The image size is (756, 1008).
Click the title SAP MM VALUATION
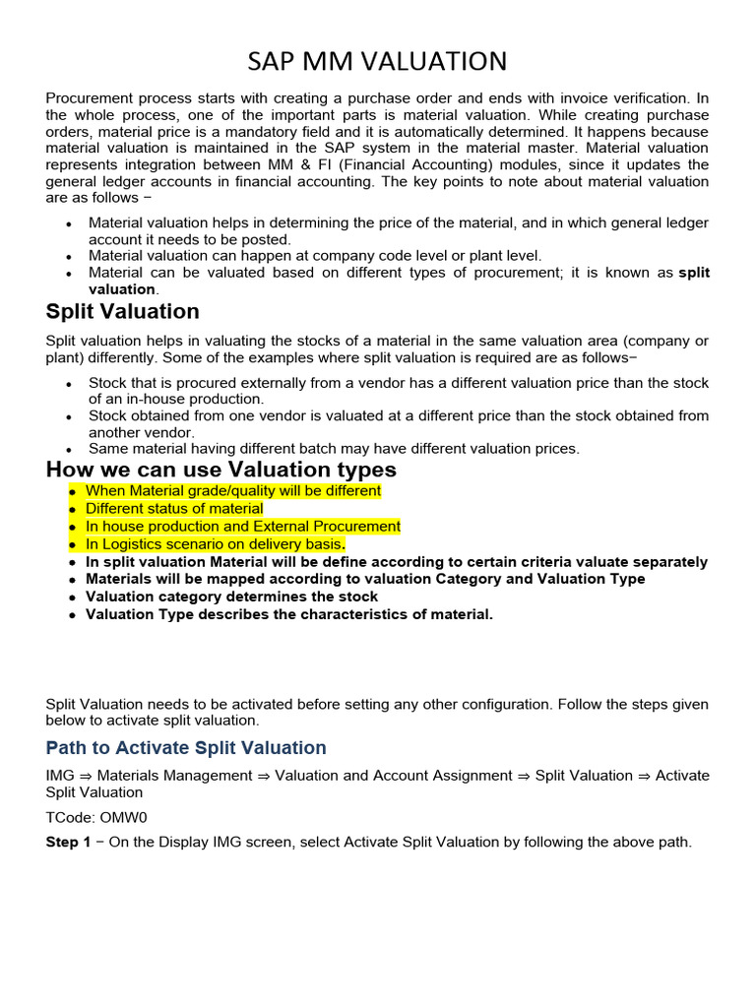(x=377, y=62)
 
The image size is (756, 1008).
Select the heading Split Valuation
(x=122, y=312)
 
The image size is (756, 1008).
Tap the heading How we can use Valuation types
(x=220, y=470)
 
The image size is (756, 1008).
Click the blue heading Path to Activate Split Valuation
(x=186, y=748)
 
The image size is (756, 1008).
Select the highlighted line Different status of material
(x=174, y=509)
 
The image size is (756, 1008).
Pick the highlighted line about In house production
(x=242, y=527)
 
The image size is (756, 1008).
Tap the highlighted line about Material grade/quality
(x=232, y=491)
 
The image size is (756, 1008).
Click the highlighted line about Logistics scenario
(x=215, y=544)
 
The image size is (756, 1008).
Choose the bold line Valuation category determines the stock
(x=231, y=597)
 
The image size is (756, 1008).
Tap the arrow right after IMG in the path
(x=85, y=776)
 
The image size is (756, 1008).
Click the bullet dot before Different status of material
(x=72, y=510)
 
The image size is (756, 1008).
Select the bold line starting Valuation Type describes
(x=288, y=614)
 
